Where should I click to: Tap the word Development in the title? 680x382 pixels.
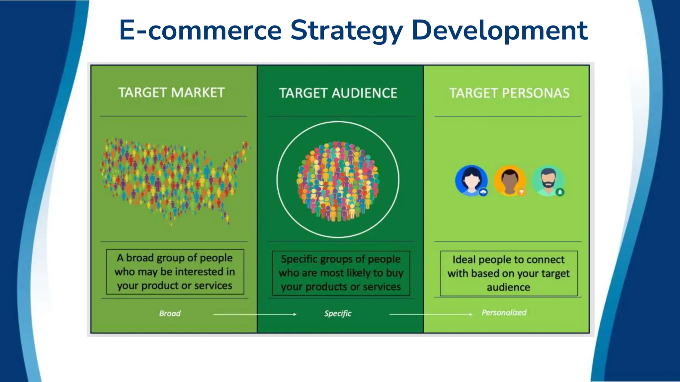tap(499, 31)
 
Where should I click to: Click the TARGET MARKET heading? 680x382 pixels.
tap(172, 93)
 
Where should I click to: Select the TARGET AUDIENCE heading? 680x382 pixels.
tap(338, 93)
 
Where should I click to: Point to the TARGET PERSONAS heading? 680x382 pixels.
tap(509, 93)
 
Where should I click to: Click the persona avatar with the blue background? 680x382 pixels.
tap(471, 180)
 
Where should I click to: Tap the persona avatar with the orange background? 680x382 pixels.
tap(509, 181)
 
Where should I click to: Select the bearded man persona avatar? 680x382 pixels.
tap(548, 181)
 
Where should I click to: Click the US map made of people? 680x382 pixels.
tap(173, 179)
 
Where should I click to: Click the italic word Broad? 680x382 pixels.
tap(170, 313)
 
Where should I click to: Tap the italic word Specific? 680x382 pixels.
tap(338, 313)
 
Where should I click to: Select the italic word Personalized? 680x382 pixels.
tap(504, 312)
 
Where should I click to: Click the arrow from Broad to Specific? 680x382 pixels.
tap(254, 314)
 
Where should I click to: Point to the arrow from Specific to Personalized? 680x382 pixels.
tap(431, 314)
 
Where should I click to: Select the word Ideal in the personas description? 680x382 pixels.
tap(464, 259)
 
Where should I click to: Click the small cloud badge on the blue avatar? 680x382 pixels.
tap(483, 192)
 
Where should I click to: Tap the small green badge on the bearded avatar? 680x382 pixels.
tap(560, 192)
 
